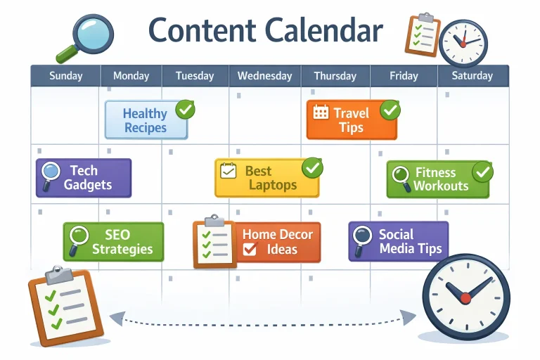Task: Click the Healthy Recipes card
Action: (x=146, y=120)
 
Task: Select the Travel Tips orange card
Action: (x=351, y=120)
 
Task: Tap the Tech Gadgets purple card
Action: (x=83, y=178)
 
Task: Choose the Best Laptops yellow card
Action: (x=266, y=179)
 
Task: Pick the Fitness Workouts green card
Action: (x=437, y=179)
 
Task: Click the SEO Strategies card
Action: (x=113, y=242)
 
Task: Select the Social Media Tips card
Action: (x=398, y=241)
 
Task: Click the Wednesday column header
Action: (x=265, y=76)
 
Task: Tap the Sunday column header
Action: (x=65, y=76)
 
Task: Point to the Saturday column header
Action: (x=472, y=76)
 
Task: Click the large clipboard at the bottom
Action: (x=65, y=307)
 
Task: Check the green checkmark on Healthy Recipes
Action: (x=185, y=109)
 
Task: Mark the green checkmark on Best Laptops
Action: (x=311, y=167)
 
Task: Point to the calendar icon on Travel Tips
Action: (x=321, y=112)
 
